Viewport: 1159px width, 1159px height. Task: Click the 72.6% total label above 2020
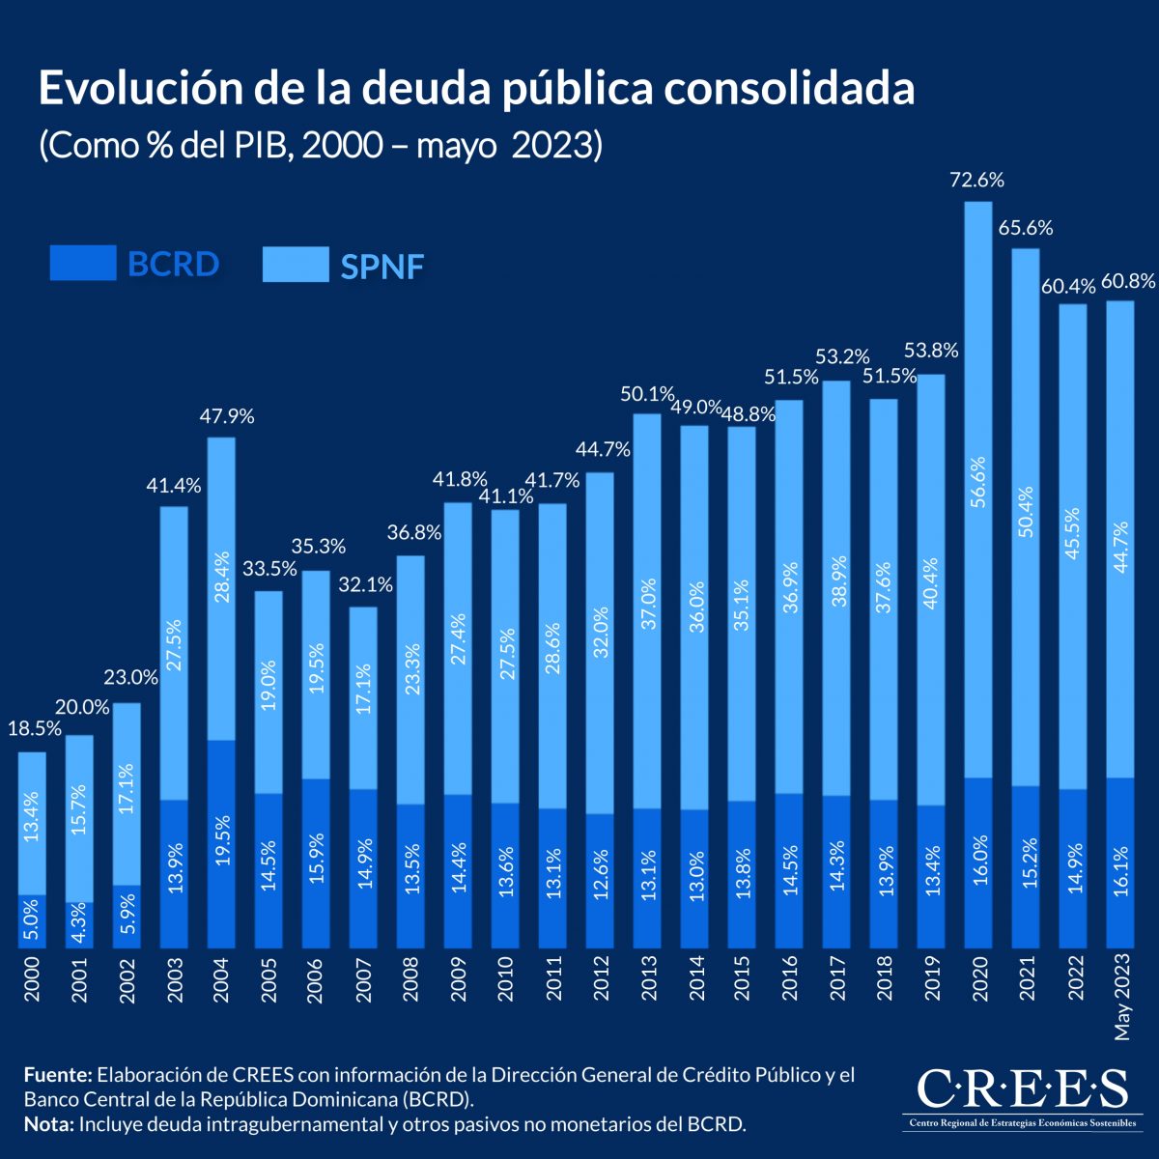point(977,180)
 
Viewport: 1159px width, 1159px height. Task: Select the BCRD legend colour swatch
point(83,264)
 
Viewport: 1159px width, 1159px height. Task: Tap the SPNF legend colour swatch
point(296,264)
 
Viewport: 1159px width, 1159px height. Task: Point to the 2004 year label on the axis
point(221,981)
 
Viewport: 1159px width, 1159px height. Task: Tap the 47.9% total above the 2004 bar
point(227,416)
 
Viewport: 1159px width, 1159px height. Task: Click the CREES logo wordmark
point(1022,1088)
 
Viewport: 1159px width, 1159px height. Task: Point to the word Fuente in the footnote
point(57,1075)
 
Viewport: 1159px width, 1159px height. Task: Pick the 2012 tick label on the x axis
point(600,981)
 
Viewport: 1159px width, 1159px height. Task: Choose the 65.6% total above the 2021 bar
point(1026,228)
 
